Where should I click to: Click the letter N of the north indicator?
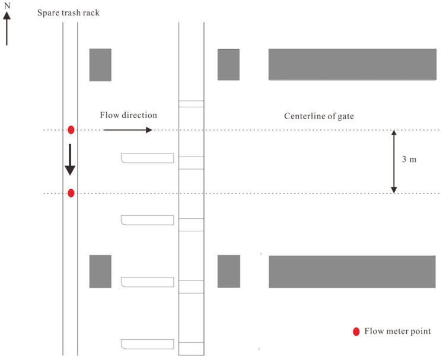pos(7,5)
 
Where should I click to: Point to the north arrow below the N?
pos(7,28)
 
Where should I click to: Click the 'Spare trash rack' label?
pos(68,13)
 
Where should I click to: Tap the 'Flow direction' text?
pos(128,115)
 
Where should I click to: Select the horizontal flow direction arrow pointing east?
pos(128,130)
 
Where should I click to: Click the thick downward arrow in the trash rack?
pos(70,160)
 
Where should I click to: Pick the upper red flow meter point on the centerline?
pos(71,130)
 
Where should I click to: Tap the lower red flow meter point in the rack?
pos(71,193)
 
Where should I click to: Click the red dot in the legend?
pos(356,332)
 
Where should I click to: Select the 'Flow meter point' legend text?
pos(397,331)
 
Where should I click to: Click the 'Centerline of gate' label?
pos(319,116)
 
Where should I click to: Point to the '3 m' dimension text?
pos(409,160)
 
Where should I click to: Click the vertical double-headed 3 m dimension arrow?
pos(394,162)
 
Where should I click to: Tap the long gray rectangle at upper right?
pos(352,65)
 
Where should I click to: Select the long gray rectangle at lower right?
pos(352,272)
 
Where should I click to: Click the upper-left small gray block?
pos(100,65)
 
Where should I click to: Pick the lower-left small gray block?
pos(100,272)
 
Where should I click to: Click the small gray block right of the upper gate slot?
pos(228,65)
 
